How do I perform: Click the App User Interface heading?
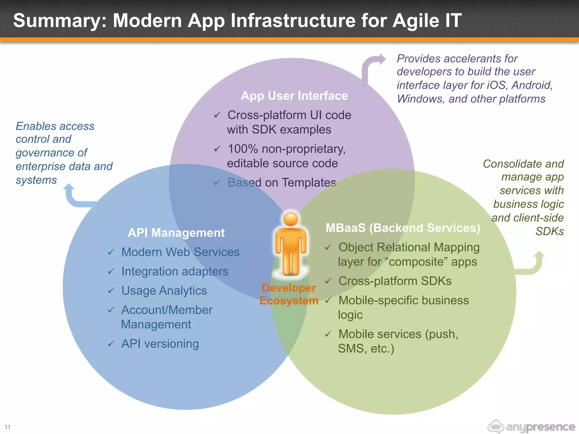click(x=294, y=96)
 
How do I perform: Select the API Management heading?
click(x=176, y=233)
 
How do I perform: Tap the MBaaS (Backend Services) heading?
click(x=403, y=228)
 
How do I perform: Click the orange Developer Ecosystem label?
click(x=289, y=294)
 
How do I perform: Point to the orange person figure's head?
click(x=291, y=219)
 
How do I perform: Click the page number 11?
click(x=7, y=427)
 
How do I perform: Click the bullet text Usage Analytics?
click(x=164, y=291)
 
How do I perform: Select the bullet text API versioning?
click(x=160, y=344)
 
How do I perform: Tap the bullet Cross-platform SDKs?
click(x=395, y=281)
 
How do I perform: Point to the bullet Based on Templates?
click(x=282, y=183)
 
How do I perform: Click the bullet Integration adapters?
click(x=175, y=272)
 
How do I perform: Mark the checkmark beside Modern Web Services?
click(x=111, y=252)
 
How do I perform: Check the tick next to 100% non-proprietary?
click(x=217, y=149)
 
